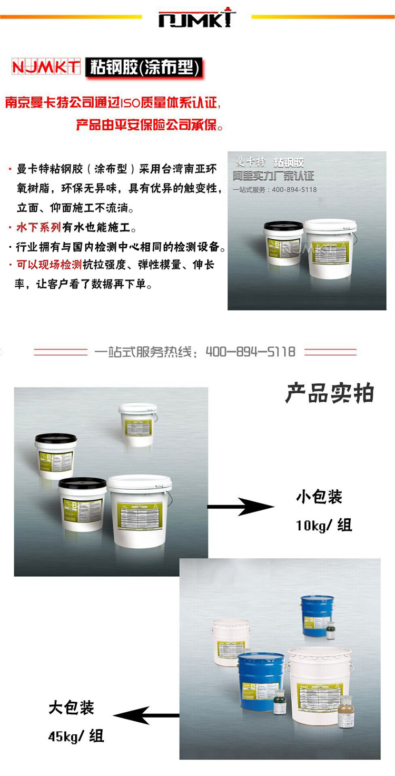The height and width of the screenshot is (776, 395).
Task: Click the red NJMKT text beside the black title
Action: coord(46,67)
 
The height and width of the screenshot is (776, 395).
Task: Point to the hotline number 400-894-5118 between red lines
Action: coord(250,352)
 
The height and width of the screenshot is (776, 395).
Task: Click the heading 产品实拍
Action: coord(329,394)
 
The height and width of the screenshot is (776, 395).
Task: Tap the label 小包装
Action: coord(320,497)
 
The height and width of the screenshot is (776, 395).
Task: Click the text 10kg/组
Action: coord(324,525)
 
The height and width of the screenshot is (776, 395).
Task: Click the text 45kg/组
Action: coord(76,736)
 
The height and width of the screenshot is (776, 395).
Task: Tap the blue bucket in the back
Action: coord(317,615)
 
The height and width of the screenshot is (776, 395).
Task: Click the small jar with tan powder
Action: coord(345,712)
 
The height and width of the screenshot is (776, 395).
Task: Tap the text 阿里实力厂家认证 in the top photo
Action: coord(273,176)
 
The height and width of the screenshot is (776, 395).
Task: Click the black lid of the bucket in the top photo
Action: coord(283,226)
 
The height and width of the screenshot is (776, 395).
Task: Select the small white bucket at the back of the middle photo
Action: coord(138,424)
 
